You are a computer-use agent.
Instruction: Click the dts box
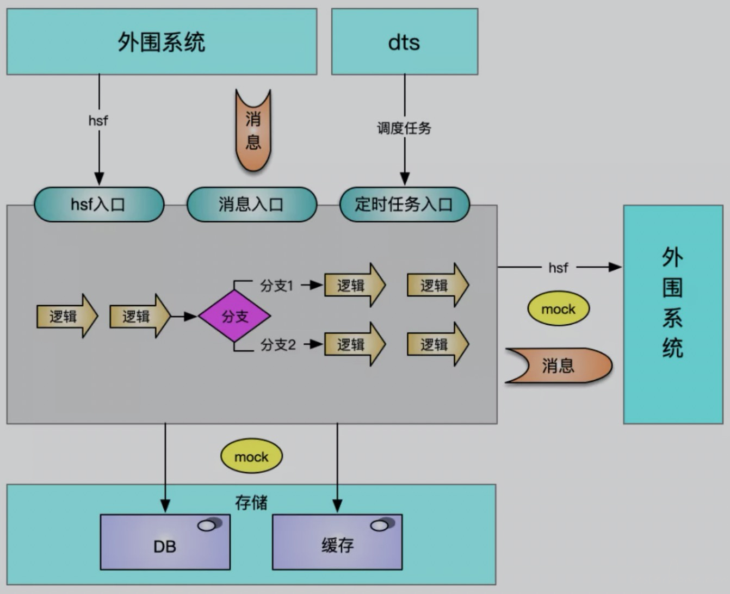tap(404, 41)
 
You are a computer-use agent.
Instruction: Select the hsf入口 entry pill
tap(99, 205)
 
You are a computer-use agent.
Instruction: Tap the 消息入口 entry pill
tap(251, 205)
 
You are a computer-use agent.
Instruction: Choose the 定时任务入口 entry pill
tap(404, 205)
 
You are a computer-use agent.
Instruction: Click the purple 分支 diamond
tap(235, 316)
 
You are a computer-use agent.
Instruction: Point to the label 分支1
tap(276, 286)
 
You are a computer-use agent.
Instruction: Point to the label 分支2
tap(277, 344)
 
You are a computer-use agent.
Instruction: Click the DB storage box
tap(165, 542)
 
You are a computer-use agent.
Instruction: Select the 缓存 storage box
tap(337, 542)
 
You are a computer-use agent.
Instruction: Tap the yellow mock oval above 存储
tap(251, 456)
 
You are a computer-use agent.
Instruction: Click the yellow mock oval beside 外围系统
tap(558, 308)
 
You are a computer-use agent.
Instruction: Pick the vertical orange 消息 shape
tap(253, 130)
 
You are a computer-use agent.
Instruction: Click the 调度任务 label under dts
tap(404, 128)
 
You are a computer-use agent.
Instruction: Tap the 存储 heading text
tap(251, 503)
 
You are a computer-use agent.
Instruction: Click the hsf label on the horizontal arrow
tap(558, 268)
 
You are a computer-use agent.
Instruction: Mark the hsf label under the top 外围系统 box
tap(98, 121)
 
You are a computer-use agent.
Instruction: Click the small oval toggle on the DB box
tap(210, 524)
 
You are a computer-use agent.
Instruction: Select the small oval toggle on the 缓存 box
tap(382, 524)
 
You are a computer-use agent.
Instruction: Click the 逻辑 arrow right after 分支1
tap(355, 285)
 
